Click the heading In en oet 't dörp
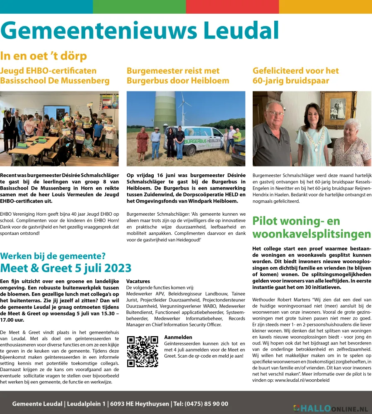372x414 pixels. pyautogui.click(x=43, y=56)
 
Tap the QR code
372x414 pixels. pyautogui.click(x=142, y=351)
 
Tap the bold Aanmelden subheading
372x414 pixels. pyautogui.click(x=178, y=337)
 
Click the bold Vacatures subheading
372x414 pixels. pyautogui.click(x=138, y=281)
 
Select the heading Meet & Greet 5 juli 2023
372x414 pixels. pyautogui.click(x=66, y=268)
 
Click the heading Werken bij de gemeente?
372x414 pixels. pyautogui.click(x=53, y=256)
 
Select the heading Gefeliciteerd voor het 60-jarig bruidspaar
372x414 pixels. pyautogui.click(x=296, y=75)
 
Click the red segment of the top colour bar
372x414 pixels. pyautogui.click(x=232, y=7)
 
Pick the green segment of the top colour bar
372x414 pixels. pyautogui.click(x=139, y=7)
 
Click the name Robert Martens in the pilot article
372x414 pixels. pyautogui.click(x=293, y=299)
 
